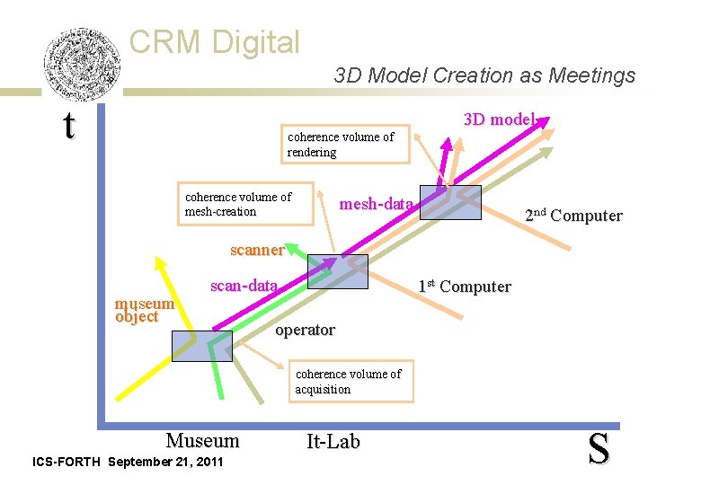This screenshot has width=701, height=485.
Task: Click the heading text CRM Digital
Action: coord(214,41)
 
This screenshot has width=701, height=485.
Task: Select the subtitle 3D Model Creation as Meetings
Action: coord(484,75)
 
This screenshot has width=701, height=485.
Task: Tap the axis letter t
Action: coord(69,126)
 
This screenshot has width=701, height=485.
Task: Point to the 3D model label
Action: coord(499,119)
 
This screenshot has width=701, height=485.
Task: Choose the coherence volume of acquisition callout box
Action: coord(351,381)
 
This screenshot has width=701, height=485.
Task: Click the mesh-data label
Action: coord(376,205)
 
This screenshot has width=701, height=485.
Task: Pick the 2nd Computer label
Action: coord(573,215)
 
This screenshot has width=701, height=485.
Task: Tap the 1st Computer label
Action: coord(464,287)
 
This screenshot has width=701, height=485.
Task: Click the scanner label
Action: coord(257,250)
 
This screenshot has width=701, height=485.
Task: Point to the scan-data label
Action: coord(244,286)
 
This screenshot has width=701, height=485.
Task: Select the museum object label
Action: coord(144,310)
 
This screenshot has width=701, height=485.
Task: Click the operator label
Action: coord(305,330)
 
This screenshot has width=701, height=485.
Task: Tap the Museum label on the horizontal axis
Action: coord(202,440)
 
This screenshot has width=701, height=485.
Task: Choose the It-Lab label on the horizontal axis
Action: coord(333,441)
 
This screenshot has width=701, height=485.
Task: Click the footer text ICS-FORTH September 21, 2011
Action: coord(128,462)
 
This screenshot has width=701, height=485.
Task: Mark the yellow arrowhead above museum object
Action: coord(160,263)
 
